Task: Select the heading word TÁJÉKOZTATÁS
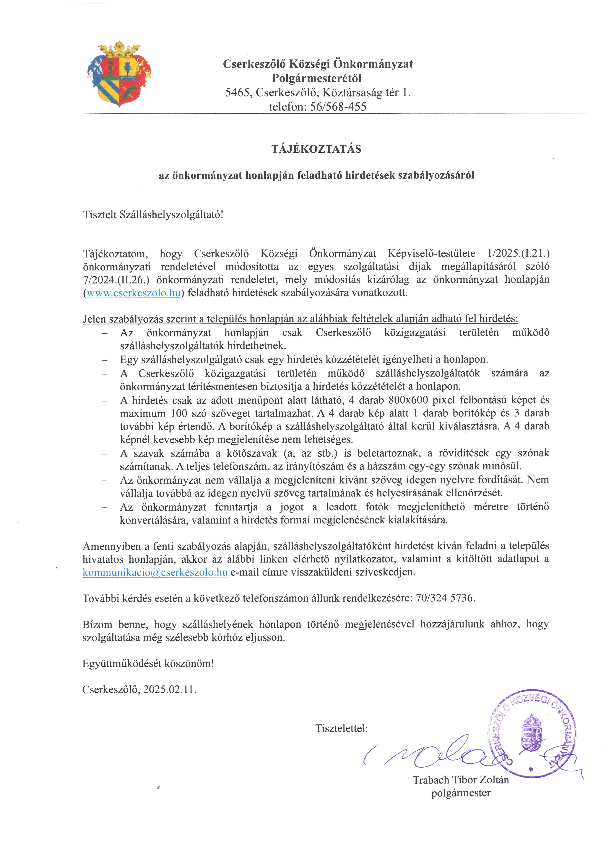point(316,149)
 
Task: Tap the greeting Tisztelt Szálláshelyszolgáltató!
point(153,215)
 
